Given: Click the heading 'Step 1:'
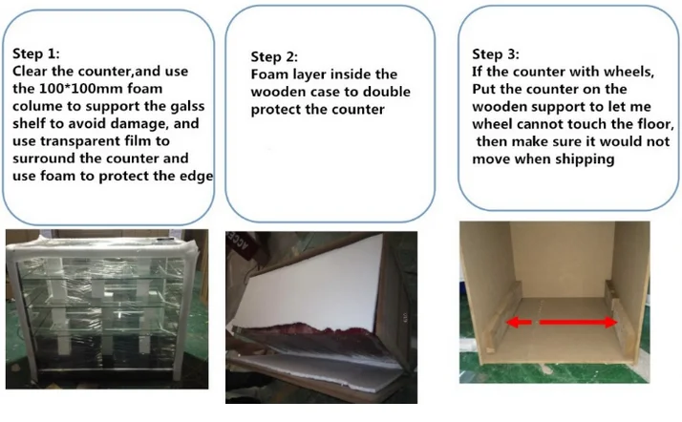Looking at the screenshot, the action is pyautogui.click(x=36, y=53).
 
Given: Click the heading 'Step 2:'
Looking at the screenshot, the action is pyautogui.click(x=274, y=57).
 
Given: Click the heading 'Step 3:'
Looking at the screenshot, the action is pyautogui.click(x=496, y=53).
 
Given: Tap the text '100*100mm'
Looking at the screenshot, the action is pyautogui.click(x=81, y=89).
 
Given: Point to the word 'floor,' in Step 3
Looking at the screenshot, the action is pyautogui.click(x=656, y=124).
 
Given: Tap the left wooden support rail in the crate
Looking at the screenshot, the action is pyautogui.click(x=502, y=317).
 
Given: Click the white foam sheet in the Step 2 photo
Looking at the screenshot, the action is pyautogui.click(x=308, y=286).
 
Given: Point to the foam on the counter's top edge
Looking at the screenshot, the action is pyautogui.click(x=102, y=247).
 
